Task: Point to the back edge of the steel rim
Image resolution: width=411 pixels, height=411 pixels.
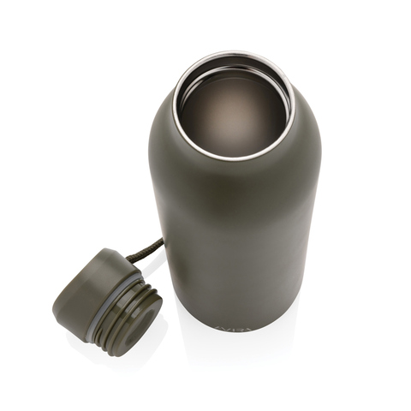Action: click(231, 56)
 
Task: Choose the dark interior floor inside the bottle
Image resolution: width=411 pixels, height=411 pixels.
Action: click(231, 116)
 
